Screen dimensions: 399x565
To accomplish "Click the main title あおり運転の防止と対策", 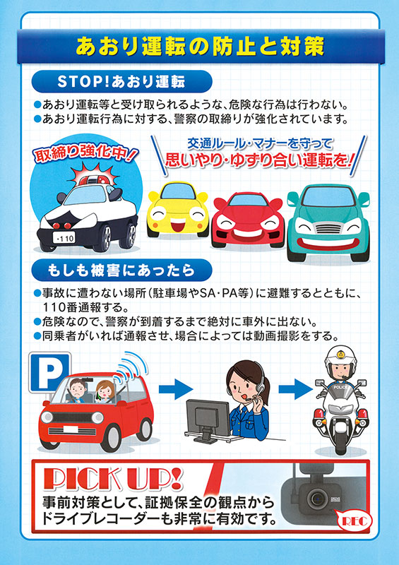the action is click(x=200, y=47).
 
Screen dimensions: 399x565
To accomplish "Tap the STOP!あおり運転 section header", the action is click(x=121, y=82).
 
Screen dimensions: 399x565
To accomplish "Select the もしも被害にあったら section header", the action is click(x=121, y=270).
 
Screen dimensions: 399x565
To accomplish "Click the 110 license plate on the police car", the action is click(x=64, y=237).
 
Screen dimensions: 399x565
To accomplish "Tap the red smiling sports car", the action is click(x=248, y=220).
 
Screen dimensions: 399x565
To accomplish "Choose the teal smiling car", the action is click(x=328, y=222).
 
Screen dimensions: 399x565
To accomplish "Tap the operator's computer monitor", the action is click(x=208, y=417).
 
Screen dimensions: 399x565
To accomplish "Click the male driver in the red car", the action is click(x=76, y=391).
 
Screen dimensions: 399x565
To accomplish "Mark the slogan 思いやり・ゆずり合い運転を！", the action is click(x=258, y=160).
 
